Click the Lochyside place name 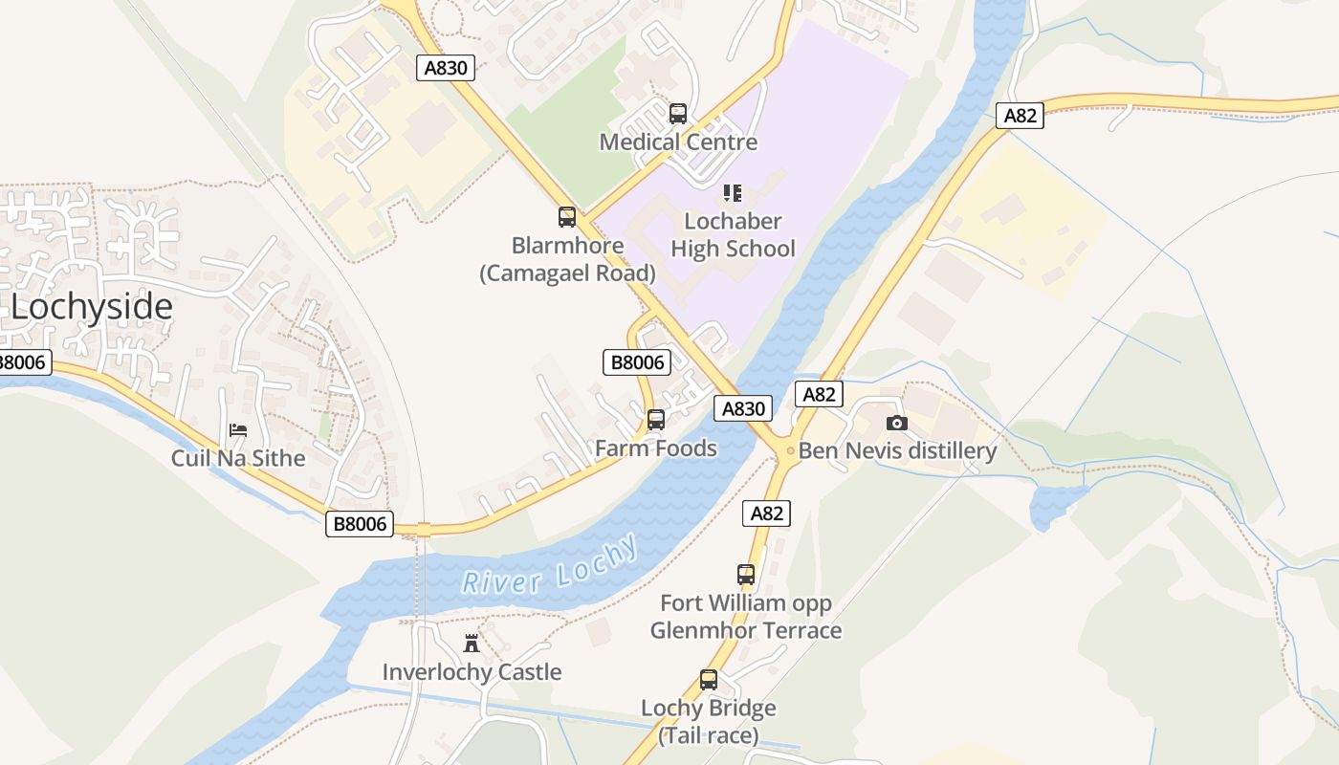92,308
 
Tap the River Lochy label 549,566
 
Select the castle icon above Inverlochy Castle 471,643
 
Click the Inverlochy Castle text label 472,672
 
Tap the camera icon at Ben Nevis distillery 896,423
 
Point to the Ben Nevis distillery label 897,450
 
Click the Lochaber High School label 733,235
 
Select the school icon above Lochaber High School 733,193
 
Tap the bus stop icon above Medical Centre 678,114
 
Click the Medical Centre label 678,142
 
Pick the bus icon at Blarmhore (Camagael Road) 567,217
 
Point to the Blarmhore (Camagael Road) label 567,259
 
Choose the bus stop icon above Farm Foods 656,420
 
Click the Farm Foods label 656,448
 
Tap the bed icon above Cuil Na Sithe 238,430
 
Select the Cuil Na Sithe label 238,458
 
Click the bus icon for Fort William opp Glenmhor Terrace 746,575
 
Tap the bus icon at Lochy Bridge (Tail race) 709,680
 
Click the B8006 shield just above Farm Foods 637,362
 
